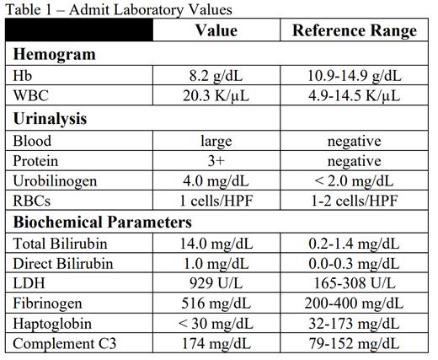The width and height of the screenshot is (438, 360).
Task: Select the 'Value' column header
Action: [x=216, y=31]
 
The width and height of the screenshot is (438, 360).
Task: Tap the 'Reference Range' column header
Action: [x=355, y=31]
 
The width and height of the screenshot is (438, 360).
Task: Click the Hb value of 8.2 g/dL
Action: [x=216, y=76]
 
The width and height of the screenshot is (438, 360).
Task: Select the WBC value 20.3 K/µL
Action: [x=216, y=96]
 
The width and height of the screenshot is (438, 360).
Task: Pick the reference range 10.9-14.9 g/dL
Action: [x=355, y=76]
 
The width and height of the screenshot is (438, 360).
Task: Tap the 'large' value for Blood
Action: [x=216, y=141]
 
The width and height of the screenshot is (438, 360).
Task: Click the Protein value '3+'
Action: [x=216, y=161]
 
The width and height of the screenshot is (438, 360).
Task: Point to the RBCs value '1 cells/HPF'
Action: [x=216, y=201]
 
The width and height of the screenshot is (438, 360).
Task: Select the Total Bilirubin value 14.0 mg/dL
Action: [x=216, y=244]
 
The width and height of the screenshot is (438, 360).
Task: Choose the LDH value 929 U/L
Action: [x=216, y=284]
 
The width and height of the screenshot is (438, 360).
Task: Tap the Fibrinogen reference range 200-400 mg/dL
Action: [x=355, y=304]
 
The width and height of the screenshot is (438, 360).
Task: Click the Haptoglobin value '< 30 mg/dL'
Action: [x=216, y=325]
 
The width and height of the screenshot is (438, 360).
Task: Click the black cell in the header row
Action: [x=79, y=31]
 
